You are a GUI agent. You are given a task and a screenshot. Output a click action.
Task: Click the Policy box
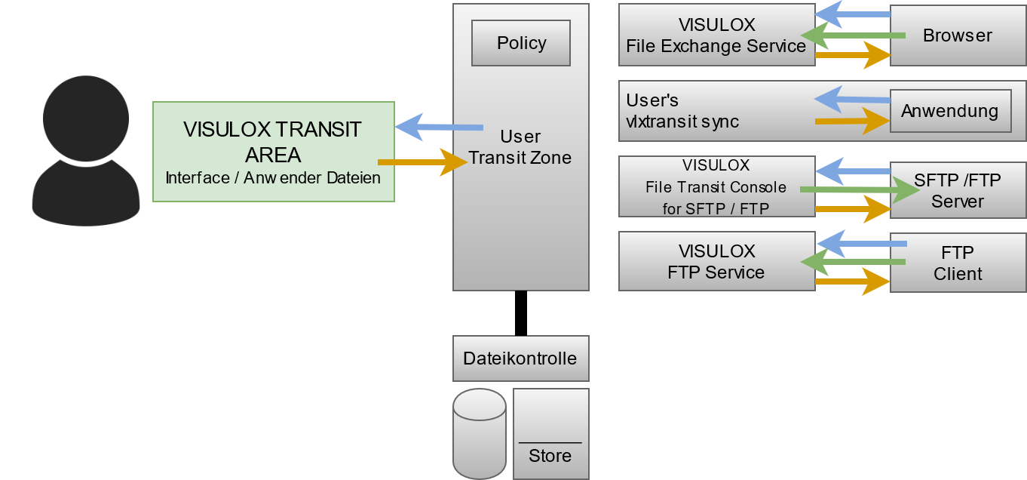tap(520, 43)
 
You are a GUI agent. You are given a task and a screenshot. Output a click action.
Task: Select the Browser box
tap(958, 35)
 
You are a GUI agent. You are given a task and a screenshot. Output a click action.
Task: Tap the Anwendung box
tap(949, 112)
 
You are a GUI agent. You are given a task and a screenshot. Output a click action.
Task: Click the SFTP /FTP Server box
tap(958, 190)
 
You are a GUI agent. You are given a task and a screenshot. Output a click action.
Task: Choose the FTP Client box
tap(958, 263)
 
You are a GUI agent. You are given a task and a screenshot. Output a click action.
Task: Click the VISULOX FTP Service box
tap(716, 262)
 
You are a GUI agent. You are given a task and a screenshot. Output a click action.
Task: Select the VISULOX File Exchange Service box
tap(716, 35)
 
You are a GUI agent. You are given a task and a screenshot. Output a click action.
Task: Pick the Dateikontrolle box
tap(520, 358)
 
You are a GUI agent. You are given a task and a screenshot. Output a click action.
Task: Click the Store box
tap(550, 434)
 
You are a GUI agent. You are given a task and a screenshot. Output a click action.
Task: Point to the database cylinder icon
tap(479, 434)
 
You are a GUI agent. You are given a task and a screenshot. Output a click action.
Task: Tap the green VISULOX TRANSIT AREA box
tap(273, 152)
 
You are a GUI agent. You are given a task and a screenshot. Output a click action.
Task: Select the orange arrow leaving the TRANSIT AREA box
tap(422, 162)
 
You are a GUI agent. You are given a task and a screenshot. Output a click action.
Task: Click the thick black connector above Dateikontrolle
tap(520, 313)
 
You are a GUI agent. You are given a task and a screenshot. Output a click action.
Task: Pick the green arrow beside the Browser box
tap(852, 35)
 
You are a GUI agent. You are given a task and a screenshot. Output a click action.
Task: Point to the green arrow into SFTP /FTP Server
tap(860, 190)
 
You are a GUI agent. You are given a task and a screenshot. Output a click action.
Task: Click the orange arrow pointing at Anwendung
tap(852, 121)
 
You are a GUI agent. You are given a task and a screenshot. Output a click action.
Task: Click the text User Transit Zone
tap(520, 147)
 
